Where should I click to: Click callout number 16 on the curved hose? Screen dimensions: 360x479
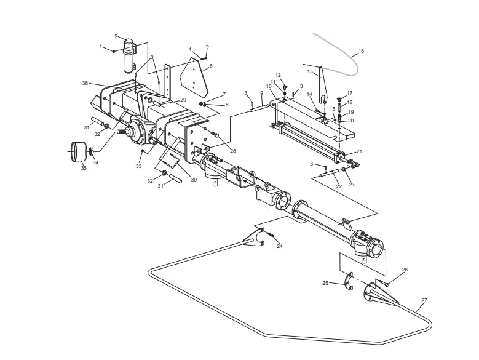[x=361, y=52]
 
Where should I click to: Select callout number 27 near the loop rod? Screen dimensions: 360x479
[x=424, y=301]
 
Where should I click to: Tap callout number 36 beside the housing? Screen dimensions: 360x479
[x=85, y=83]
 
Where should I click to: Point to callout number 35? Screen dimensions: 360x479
[x=84, y=168]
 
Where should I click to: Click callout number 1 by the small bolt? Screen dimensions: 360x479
[x=101, y=46]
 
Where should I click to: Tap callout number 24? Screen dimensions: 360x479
[x=279, y=246]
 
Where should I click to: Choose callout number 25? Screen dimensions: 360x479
[x=326, y=283]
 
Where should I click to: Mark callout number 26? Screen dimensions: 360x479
[x=405, y=270]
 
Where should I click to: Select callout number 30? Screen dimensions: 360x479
[x=194, y=180]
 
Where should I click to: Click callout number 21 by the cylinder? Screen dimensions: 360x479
[x=359, y=151]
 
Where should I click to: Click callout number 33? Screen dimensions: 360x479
[x=139, y=166]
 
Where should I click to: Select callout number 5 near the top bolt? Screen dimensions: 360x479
[x=207, y=46]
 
